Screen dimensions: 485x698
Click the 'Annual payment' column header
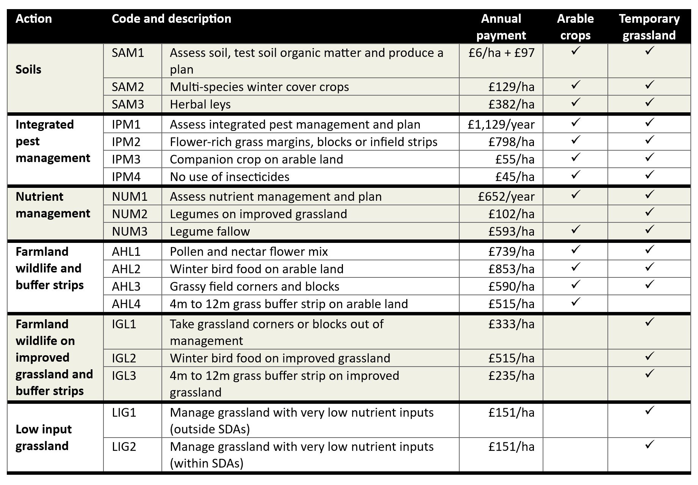[501, 27]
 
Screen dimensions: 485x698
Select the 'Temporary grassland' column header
[649, 27]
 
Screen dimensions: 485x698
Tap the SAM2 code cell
[128, 87]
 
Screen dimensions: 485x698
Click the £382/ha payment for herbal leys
[511, 104]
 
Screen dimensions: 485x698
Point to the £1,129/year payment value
[501, 124]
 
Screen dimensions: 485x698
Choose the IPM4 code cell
[126, 177]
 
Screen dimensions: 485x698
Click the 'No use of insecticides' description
[229, 177]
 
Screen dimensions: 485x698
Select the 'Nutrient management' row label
[53, 205]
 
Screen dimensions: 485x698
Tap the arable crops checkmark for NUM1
[575, 195]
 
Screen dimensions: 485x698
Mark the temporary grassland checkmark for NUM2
[649, 212]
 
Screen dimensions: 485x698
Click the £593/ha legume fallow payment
[511, 231]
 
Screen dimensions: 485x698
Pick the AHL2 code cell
[126, 269]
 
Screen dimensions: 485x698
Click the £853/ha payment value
[511, 269]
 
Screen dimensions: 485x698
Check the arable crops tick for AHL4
[575, 302]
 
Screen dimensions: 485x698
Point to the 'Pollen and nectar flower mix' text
[249, 252]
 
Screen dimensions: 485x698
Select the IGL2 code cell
[124, 358]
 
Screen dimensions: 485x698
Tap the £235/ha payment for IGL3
[511, 376]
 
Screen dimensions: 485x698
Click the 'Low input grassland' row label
[44, 438]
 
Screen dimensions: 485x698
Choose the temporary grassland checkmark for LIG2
[649, 444]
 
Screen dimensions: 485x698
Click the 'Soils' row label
[28, 70]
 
